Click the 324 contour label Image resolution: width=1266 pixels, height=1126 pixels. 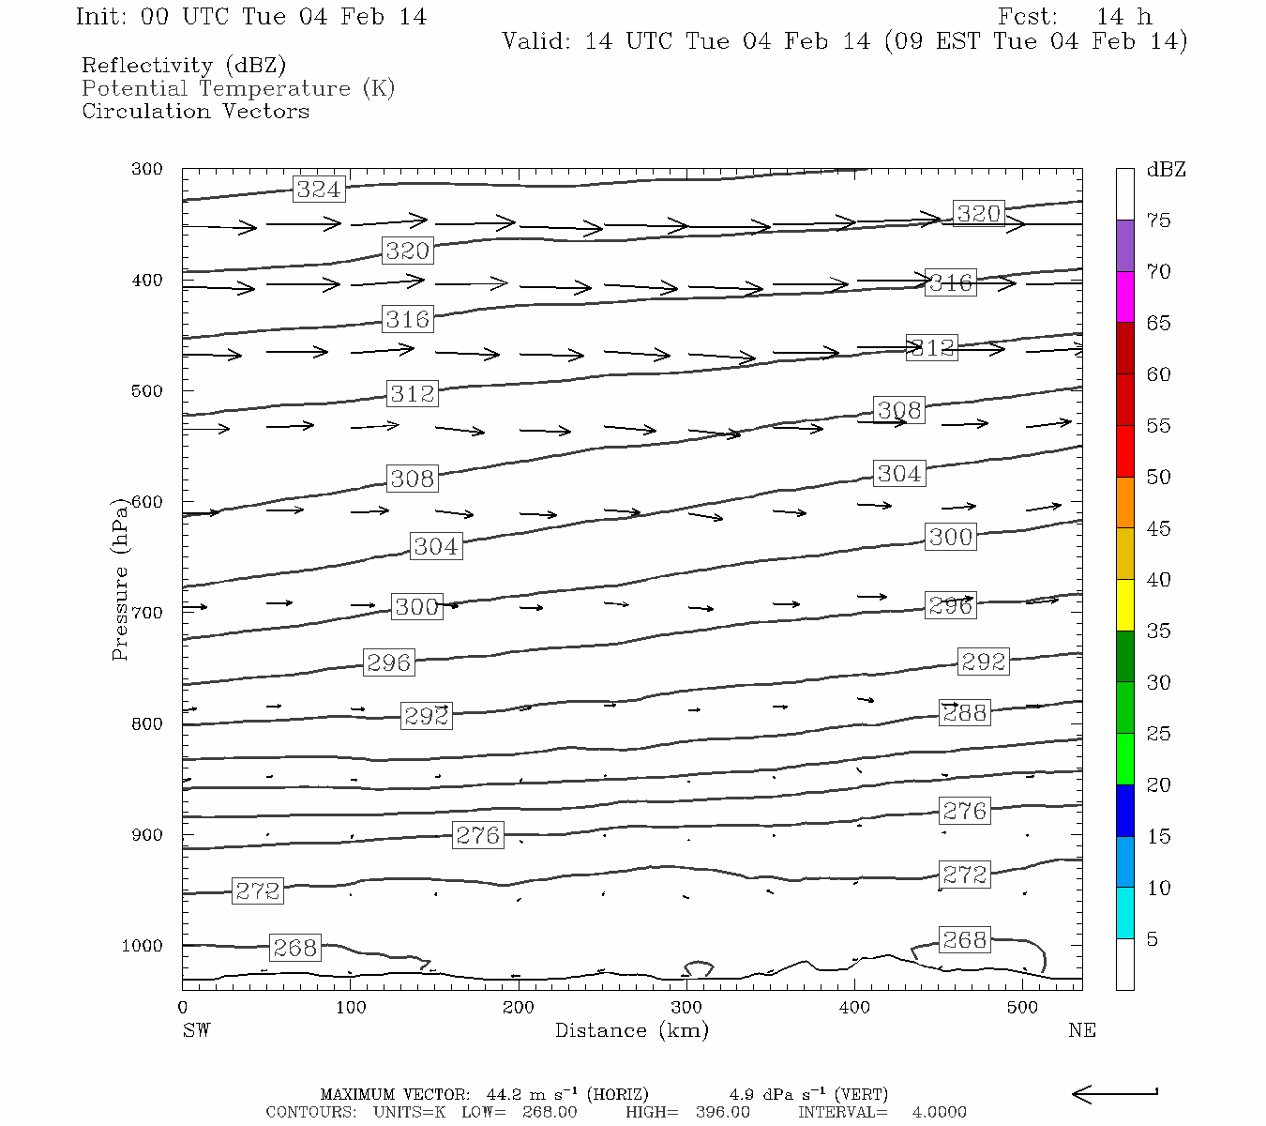pyautogui.click(x=319, y=190)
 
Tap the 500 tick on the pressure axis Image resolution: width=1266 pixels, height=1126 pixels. pyautogui.click(x=147, y=390)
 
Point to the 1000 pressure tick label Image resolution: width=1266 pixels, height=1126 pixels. pyautogui.click(x=142, y=946)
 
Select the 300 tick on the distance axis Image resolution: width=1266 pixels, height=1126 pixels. pyautogui.click(x=686, y=1008)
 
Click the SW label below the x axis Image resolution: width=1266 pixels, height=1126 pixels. pyautogui.click(x=196, y=1030)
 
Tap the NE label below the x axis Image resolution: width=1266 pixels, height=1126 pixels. pyautogui.click(x=1081, y=1030)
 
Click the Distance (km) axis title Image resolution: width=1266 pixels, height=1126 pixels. pyautogui.click(x=631, y=1030)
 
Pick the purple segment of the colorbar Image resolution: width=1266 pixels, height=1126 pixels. pyautogui.click(x=1124, y=246)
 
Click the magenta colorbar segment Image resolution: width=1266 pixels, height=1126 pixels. pyautogui.click(x=1124, y=297)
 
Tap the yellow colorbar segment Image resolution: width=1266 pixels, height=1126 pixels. pyautogui.click(x=1124, y=605)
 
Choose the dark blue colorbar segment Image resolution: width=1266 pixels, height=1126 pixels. pyautogui.click(x=1124, y=810)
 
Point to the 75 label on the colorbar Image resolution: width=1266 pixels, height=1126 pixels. pyautogui.click(x=1159, y=221)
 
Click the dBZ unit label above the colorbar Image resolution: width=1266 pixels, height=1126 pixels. pyautogui.click(x=1166, y=170)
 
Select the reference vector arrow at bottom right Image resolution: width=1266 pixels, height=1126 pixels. pyautogui.click(x=1114, y=1093)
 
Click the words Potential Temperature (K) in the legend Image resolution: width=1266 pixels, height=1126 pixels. pyautogui.click(x=238, y=89)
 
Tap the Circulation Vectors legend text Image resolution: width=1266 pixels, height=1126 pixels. pyautogui.click(x=195, y=112)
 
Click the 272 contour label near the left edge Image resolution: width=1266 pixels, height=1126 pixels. pyautogui.click(x=258, y=890)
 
